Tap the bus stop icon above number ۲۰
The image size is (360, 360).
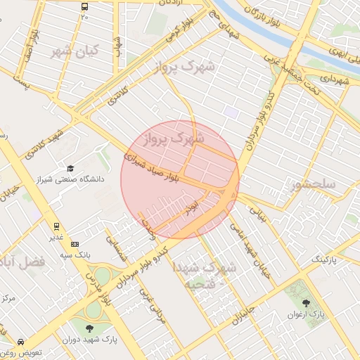tap(84, 6)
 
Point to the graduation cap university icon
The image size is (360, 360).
tap(70, 168)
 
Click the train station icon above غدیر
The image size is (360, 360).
tap(56, 226)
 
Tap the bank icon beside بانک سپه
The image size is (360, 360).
tap(75, 243)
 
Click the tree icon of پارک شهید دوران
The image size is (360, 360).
tap(89, 328)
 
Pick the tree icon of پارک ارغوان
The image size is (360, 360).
tap(304, 303)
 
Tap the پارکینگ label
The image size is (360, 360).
tap(329, 260)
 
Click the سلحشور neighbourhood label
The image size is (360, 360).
tap(313, 185)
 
